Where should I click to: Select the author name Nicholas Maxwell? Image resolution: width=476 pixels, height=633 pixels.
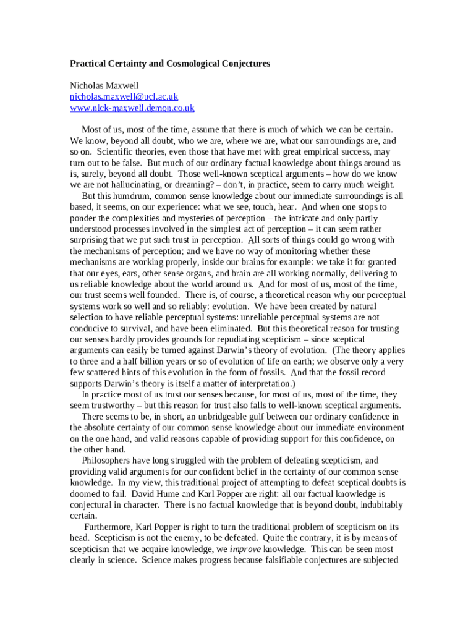pyautogui.click(x=104, y=86)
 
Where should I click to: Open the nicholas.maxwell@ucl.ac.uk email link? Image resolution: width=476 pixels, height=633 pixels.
pyautogui.click(x=124, y=97)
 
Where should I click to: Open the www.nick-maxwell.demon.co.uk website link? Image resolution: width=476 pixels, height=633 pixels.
pyautogui.click(x=132, y=108)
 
